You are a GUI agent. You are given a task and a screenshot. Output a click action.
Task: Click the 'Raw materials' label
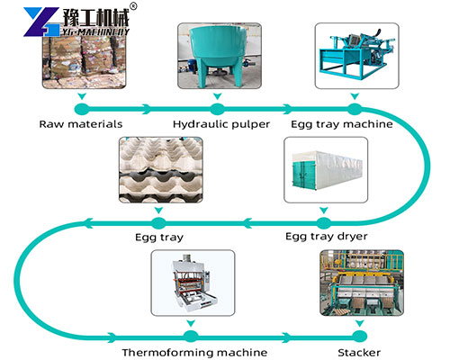81,124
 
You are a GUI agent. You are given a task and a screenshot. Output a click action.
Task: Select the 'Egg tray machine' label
341,124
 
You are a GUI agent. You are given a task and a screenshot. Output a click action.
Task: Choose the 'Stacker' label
358,352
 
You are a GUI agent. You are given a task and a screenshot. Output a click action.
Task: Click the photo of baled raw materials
80,58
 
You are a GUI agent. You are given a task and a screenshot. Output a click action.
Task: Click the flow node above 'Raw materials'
81,108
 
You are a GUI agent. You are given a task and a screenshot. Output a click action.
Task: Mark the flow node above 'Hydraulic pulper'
215,108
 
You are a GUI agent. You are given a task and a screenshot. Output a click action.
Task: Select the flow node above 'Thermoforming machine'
190,336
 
